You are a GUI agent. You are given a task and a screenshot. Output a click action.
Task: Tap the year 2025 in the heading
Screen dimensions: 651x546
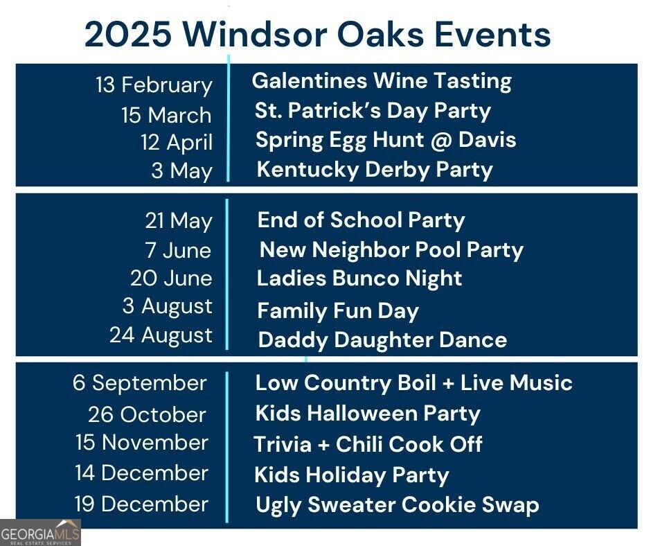coord(128,34)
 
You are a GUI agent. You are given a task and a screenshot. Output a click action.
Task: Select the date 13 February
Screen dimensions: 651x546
coord(154,86)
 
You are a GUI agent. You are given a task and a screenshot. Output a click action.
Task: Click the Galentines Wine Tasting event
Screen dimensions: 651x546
coord(382,81)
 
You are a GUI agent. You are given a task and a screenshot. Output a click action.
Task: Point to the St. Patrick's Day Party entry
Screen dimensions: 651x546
coord(373,112)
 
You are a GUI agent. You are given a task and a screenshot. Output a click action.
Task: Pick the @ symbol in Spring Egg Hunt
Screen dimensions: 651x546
coord(441,140)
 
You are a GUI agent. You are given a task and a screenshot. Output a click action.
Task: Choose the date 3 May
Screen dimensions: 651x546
coord(182,171)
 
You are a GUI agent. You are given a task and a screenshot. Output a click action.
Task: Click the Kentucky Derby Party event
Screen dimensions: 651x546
coord(375,170)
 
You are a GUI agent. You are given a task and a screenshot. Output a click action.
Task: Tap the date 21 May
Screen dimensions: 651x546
coord(179,221)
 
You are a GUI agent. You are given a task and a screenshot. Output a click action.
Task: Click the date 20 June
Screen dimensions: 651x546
coord(171,278)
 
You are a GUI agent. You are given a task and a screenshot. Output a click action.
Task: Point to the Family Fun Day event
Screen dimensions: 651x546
coord(338,311)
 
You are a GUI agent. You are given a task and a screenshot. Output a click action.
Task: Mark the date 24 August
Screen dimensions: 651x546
coord(161,335)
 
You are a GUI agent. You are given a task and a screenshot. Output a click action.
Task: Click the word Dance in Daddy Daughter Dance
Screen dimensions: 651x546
coord(473,340)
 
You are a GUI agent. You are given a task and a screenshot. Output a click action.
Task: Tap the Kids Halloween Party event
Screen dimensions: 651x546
coord(368,414)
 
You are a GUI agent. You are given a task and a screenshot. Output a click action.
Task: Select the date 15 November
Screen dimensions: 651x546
coord(141,442)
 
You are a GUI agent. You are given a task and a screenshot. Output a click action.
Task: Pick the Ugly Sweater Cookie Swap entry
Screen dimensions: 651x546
coord(397,505)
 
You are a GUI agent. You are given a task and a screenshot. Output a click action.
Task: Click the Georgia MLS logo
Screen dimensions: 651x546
coord(40,533)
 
